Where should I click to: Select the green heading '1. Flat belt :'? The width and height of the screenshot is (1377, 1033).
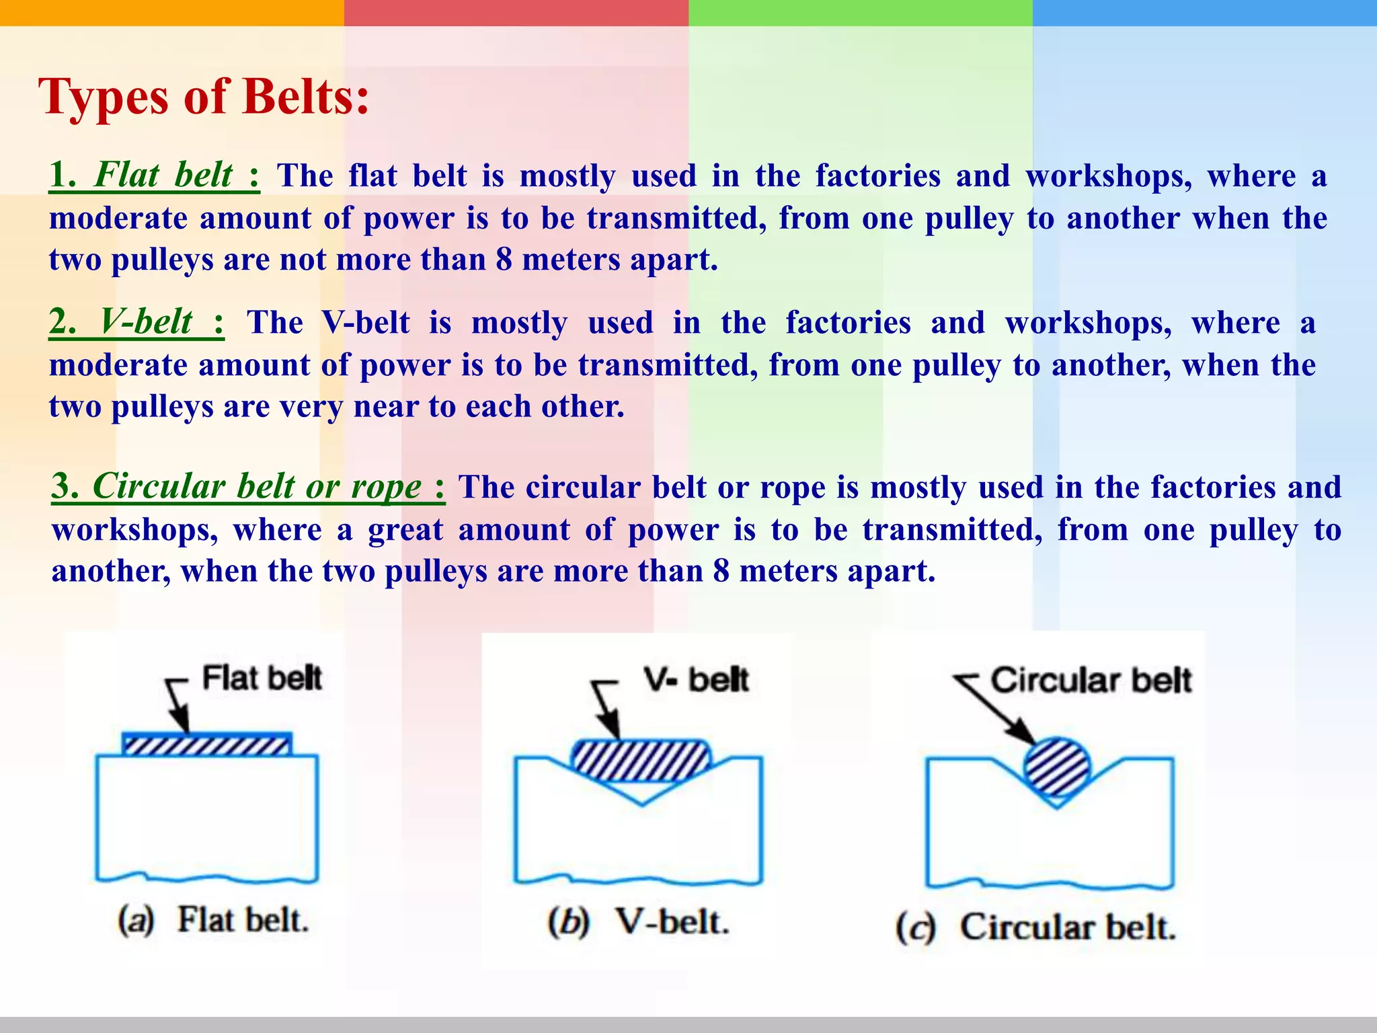154,176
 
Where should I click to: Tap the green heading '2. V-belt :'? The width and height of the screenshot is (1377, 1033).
136,322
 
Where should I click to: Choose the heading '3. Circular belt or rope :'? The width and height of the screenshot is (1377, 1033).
248,486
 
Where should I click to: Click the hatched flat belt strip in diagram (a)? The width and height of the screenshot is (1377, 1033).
206,745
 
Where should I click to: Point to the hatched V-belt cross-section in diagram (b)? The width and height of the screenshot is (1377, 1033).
640,761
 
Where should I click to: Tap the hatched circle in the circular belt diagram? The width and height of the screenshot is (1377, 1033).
1056,767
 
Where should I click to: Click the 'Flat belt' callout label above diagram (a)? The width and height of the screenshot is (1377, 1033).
262,678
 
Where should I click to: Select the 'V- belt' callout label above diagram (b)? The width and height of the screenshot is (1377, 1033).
696,680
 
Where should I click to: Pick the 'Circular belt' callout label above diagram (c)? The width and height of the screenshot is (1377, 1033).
1091,681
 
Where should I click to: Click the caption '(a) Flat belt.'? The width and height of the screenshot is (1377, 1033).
213,920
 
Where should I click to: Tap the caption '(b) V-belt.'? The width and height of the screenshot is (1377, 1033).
638,922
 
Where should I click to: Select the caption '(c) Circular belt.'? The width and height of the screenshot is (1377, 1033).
1035,927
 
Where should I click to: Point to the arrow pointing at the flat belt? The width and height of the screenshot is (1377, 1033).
178,706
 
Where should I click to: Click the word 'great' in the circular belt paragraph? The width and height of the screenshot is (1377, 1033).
405,530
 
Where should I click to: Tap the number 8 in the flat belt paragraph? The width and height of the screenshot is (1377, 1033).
504,260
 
